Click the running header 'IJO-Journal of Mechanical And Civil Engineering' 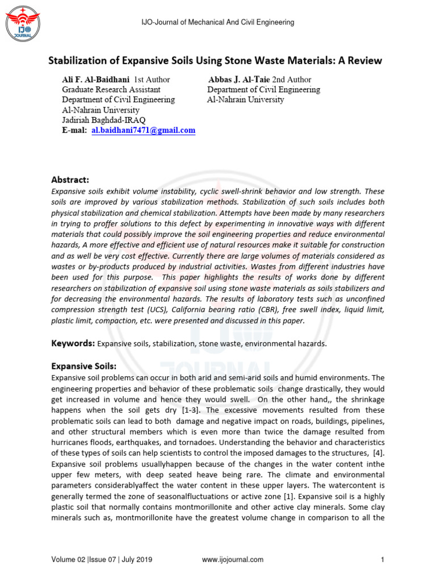point(217,22)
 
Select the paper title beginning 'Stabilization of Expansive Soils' point(215,60)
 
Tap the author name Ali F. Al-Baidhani point(96,80)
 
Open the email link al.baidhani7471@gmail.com point(143,130)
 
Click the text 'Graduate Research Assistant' point(111,90)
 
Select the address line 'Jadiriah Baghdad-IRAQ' point(103,120)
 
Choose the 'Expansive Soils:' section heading point(84,365)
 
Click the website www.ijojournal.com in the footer point(233,560)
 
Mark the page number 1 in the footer point(383,560)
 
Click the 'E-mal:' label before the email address point(74,130)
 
